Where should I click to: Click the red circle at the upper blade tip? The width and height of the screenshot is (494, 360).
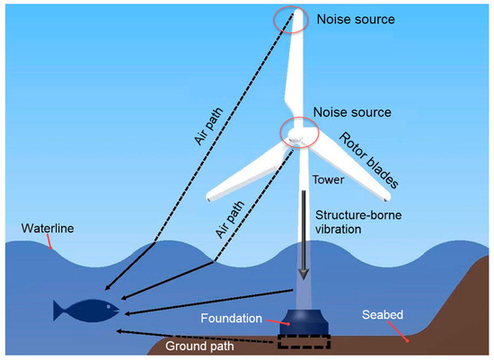click(290, 20)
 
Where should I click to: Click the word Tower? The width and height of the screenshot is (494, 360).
click(328, 179)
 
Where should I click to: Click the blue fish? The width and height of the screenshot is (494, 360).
click(84, 311)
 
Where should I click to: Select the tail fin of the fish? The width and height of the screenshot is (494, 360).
click(59, 312)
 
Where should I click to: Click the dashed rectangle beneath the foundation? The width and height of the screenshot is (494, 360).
click(304, 342)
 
